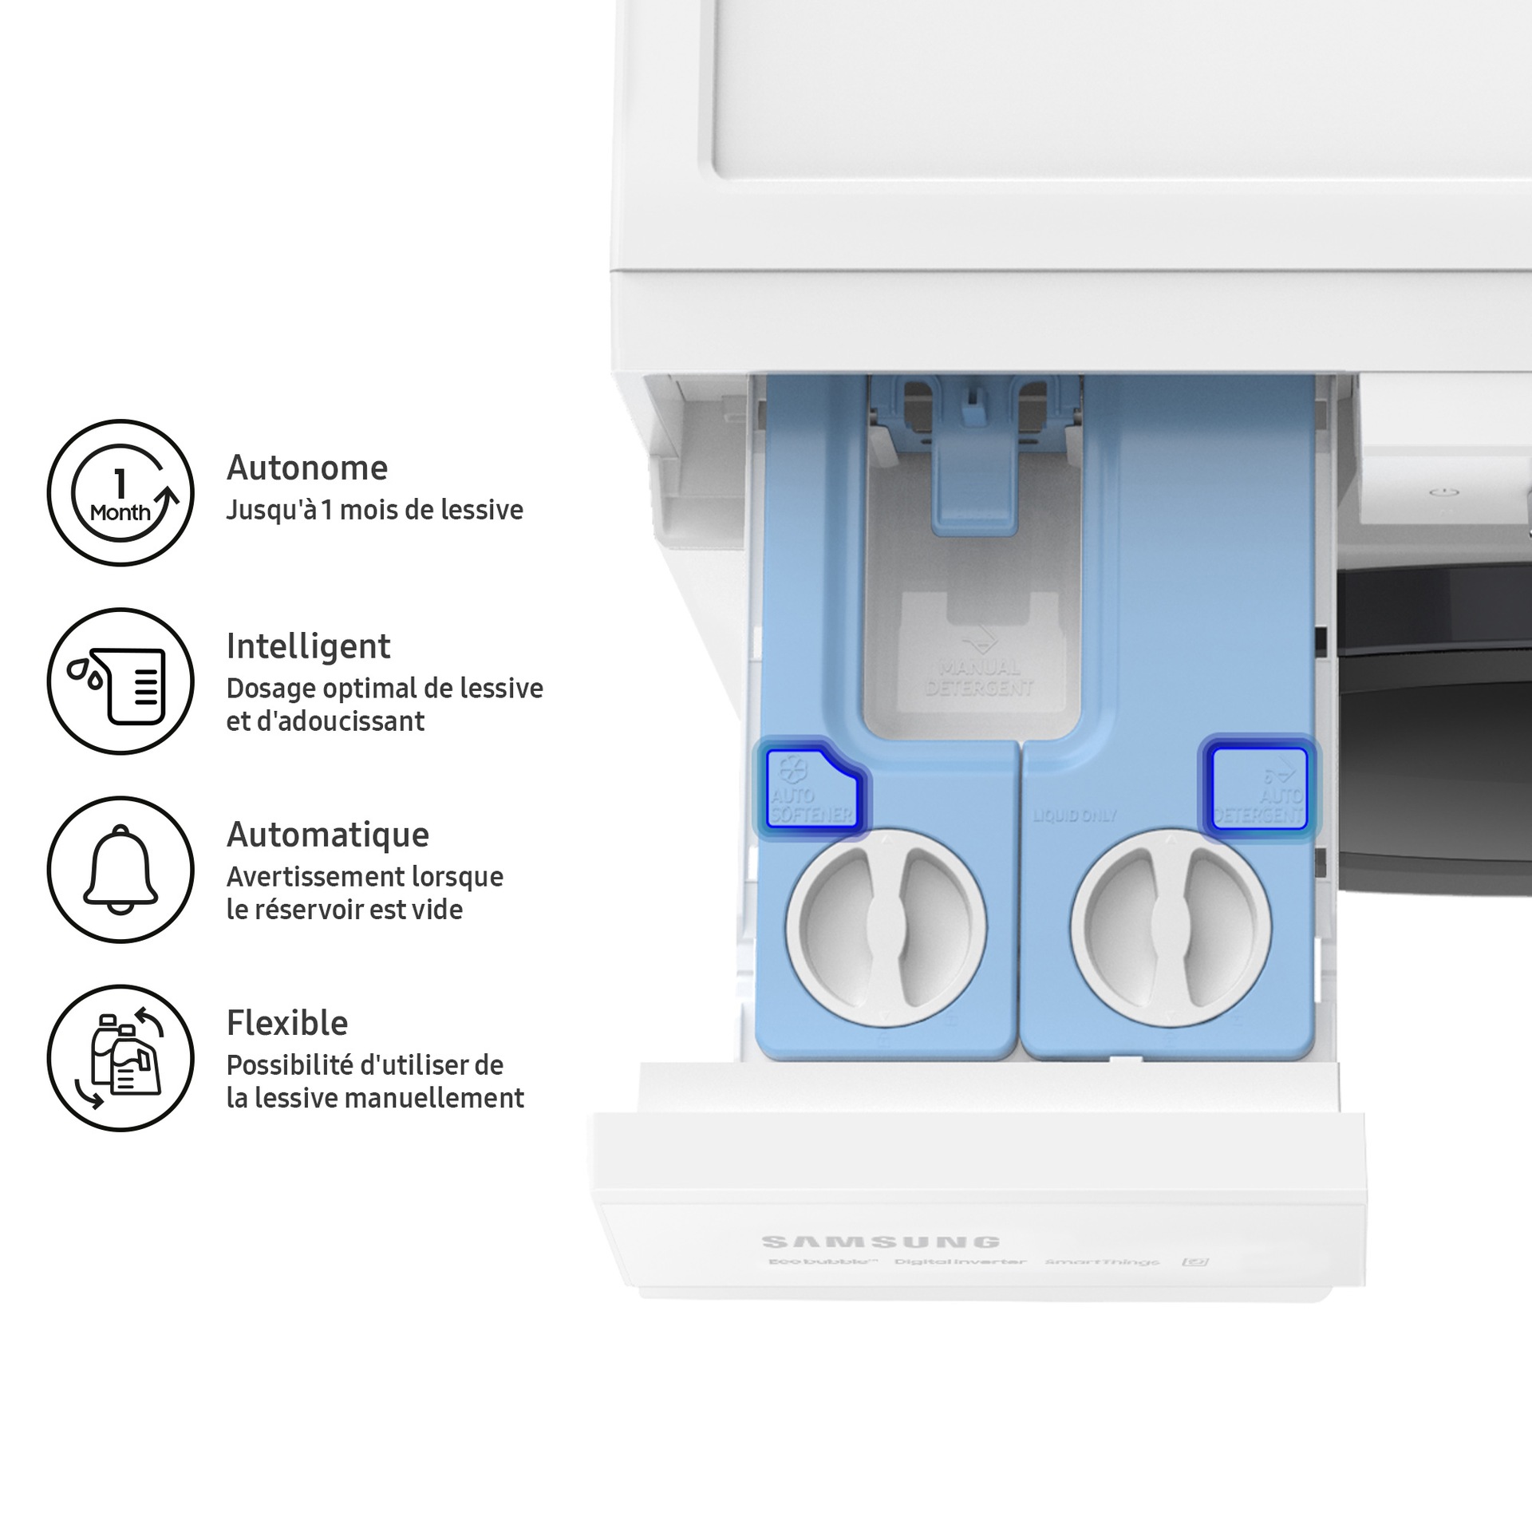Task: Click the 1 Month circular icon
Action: pos(120,493)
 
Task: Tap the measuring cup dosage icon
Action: pos(120,681)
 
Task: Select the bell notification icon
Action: pos(120,870)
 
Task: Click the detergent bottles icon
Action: pos(120,1058)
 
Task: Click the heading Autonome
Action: pos(307,468)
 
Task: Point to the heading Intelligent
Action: pos(308,646)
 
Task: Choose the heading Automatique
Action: pos(328,835)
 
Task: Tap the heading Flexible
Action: pos(287,1023)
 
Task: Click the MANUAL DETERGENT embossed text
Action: pos(980,677)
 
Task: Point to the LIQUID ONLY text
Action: pos(1074,816)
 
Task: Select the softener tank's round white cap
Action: pos(886,928)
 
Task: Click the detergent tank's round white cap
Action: pos(1171,928)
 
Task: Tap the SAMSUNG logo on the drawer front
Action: pos(880,1242)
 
